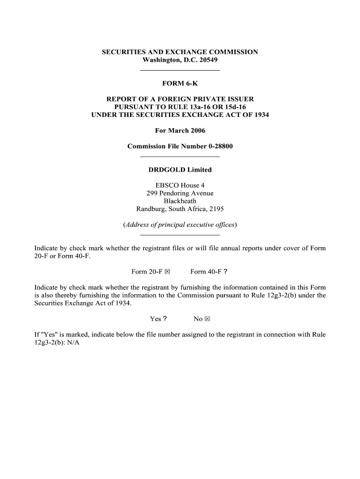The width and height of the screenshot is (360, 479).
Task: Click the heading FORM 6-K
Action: pos(180,84)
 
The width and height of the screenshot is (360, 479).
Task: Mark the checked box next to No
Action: pos(208,319)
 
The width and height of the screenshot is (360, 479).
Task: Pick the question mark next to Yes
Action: pos(166,319)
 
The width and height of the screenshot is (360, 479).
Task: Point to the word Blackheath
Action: pos(180,201)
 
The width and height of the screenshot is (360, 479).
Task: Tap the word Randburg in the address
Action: pos(150,209)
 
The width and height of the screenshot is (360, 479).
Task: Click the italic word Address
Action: pos(137,225)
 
